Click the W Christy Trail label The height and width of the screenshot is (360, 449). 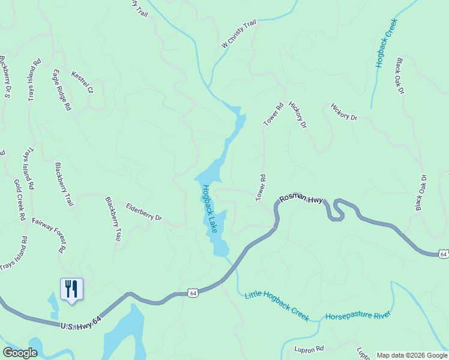[238, 34]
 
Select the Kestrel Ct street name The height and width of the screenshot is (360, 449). [83, 83]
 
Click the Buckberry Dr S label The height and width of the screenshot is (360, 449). [5, 76]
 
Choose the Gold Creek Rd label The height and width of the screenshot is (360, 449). [19, 200]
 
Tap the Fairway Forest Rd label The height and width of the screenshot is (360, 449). [49, 235]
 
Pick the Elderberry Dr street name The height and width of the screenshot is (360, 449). [144, 212]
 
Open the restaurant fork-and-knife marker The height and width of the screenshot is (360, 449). [71, 289]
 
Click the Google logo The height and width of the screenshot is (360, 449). [20, 353]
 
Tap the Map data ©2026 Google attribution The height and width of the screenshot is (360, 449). [412, 355]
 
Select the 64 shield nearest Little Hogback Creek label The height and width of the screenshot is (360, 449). [192, 293]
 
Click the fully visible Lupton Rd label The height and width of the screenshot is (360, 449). [309, 349]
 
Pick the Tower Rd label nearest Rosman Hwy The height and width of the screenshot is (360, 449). [261, 188]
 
